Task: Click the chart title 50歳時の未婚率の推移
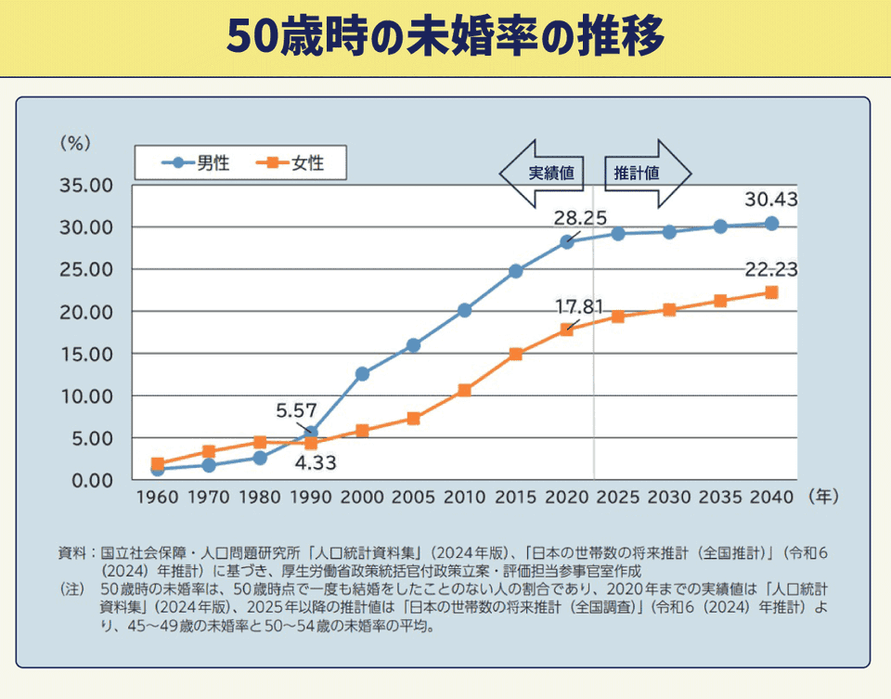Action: [x=445, y=37]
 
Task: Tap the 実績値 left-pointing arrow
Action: [x=543, y=174]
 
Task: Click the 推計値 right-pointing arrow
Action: [x=646, y=174]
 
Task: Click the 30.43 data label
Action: [x=771, y=200]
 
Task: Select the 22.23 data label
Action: [x=771, y=270]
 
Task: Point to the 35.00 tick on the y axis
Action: [x=86, y=186]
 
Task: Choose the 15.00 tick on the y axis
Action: [x=86, y=355]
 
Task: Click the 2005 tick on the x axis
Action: [x=413, y=498]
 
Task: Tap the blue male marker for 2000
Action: [x=362, y=374]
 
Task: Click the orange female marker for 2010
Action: [x=464, y=391]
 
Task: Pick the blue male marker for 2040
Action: [x=771, y=224]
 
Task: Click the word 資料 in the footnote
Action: [x=71, y=553]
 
